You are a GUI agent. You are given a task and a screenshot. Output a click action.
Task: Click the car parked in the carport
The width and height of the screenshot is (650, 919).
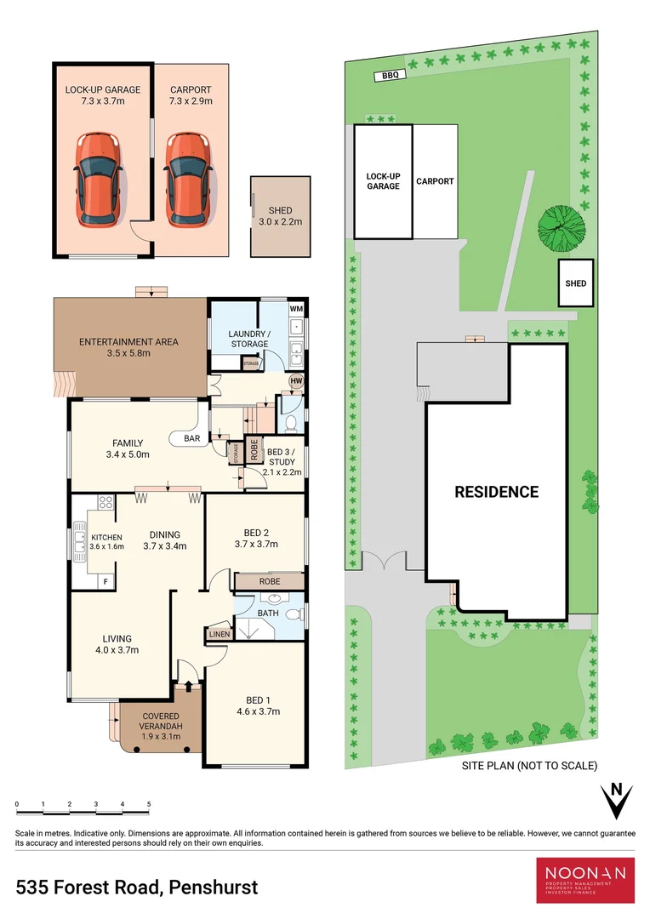(x=187, y=180)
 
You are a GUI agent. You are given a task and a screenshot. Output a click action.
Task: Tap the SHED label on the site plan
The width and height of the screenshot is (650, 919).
(x=576, y=283)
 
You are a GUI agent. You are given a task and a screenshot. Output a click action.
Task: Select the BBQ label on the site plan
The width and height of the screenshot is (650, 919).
(x=391, y=76)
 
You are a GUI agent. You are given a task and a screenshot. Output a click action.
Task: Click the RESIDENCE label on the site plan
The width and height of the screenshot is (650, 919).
(x=496, y=492)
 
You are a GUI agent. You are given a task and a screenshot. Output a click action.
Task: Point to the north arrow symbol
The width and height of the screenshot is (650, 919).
(x=618, y=800)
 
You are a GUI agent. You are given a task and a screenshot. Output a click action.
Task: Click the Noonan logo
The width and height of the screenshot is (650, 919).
(x=585, y=880)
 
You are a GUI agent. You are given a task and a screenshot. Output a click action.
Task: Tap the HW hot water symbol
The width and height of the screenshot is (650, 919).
(x=296, y=381)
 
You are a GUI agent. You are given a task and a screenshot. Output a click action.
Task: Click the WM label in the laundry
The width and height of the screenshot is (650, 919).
(x=296, y=308)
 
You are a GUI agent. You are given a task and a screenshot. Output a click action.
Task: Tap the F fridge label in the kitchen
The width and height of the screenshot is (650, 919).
(x=105, y=581)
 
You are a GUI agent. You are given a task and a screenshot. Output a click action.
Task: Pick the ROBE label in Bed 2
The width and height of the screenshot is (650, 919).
(x=270, y=582)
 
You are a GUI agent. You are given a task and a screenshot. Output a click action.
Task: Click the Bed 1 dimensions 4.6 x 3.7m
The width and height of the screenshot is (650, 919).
(x=257, y=711)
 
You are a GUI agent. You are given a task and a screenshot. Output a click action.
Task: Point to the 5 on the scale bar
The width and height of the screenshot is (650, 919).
(x=149, y=804)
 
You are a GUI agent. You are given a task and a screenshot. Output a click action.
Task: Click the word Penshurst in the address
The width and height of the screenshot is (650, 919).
(x=214, y=888)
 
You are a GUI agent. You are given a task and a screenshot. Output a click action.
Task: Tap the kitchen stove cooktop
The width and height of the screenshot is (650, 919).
(x=105, y=503)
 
